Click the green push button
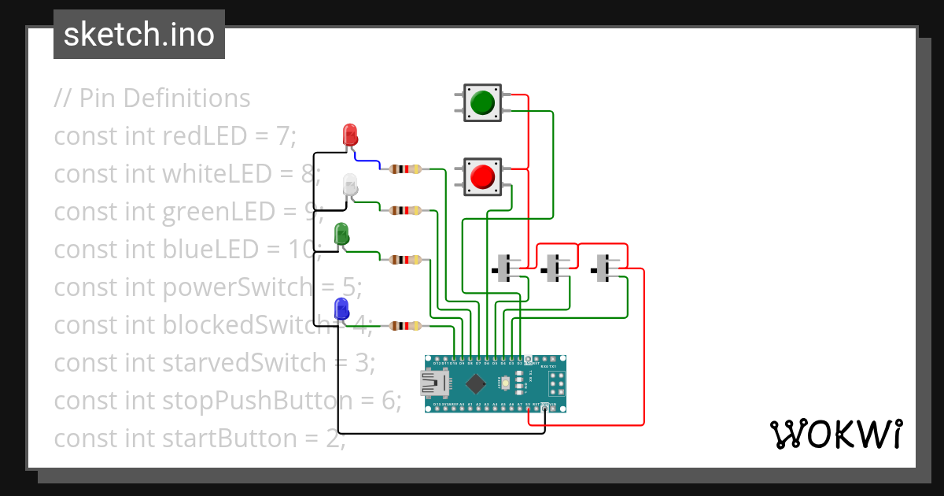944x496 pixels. (x=482, y=102)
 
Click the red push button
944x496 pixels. (x=482, y=176)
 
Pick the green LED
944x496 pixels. (x=341, y=234)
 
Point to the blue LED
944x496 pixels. (x=341, y=309)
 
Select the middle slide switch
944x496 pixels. (x=555, y=268)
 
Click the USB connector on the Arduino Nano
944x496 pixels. (x=432, y=383)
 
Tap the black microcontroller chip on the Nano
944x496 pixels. (x=475, y=383)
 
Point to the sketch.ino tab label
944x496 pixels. (x=139, y=35)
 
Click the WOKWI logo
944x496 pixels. (x=835, y=435)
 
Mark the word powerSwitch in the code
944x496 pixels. (x=237, y=287)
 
